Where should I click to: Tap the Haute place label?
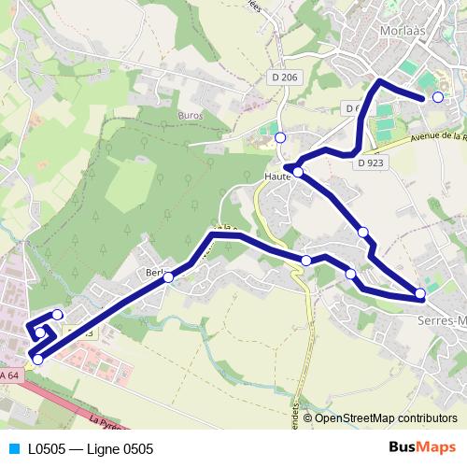(x=277, y=174)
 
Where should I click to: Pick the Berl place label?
(x=155, y=273)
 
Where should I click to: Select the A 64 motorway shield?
(x=10, y=375)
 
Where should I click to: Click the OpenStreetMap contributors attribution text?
(x=386, y=418)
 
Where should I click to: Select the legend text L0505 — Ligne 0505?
(x=91, y=448)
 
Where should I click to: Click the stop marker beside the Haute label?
(x=298, y=172)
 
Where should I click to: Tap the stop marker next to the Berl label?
(x=169, y=276)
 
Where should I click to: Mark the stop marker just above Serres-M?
(x=420, y=293)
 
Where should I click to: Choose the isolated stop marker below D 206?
(x=280, y=137)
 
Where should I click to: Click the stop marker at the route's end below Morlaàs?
(x=437, y=97)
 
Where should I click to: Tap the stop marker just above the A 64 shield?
(x=37, y=359)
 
